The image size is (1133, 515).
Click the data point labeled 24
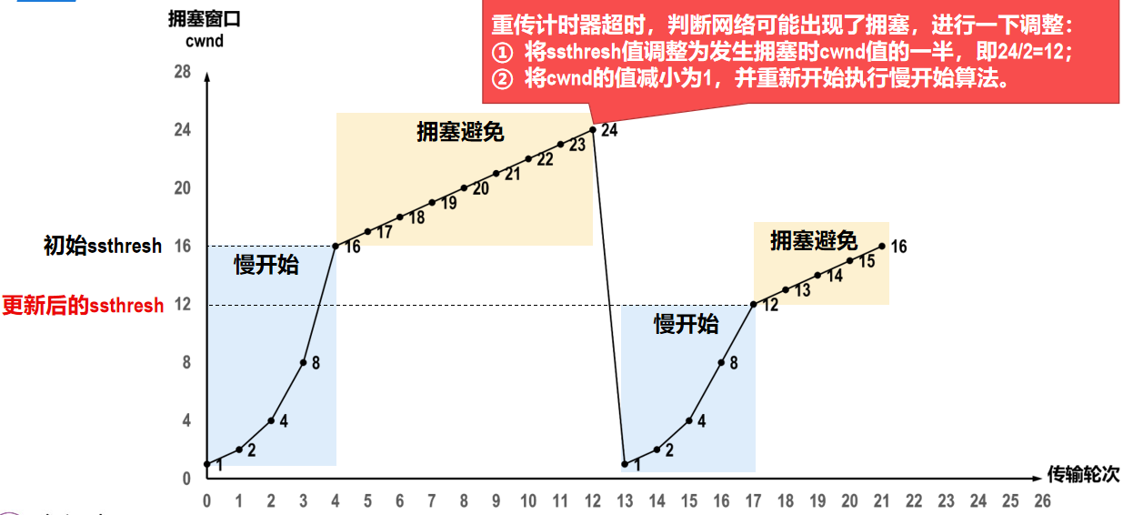[593, 129]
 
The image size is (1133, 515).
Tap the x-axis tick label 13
[625, 501]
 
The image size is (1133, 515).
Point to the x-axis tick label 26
[1042, 501]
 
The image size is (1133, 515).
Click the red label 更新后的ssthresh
[83, 306]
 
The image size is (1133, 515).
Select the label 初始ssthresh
[103, 246]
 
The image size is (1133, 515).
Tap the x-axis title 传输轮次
[1083, 474]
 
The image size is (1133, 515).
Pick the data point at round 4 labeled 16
[336, 246]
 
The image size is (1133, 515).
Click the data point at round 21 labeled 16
[882, 246]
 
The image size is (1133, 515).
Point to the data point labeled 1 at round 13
[625, 464]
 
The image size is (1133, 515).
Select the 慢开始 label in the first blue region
[266, 266]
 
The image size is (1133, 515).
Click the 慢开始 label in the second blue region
[686, 324]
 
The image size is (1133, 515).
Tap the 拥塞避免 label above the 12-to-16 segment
[814, 241]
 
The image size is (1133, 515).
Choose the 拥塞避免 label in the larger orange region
[460, 132]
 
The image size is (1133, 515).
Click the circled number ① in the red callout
[502, 51]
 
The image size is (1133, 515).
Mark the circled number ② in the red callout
[502, 78]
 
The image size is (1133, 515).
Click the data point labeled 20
[464, 188]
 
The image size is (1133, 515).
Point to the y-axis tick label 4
[186, 420]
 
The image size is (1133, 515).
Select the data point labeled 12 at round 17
[754, 304]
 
